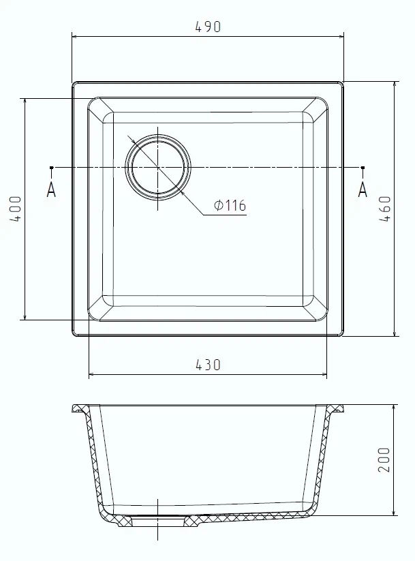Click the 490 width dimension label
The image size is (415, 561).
[208, 27]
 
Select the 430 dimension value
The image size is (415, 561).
[208, 365]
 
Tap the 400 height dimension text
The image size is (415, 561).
[16, 209]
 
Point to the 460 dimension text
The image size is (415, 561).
[385, 209]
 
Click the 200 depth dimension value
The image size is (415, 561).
[385, 460]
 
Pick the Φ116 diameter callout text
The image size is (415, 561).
[229, 205]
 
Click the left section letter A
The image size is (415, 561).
[51, 189]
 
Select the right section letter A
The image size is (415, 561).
[363, 189]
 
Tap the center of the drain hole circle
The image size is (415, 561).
[158, 167]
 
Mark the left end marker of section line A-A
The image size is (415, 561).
[52, 167]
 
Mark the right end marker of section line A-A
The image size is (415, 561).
[363, 167]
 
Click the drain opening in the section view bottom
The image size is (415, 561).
[158, 520]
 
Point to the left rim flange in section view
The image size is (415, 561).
[81, 410]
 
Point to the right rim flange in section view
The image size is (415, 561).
[334, 410]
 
